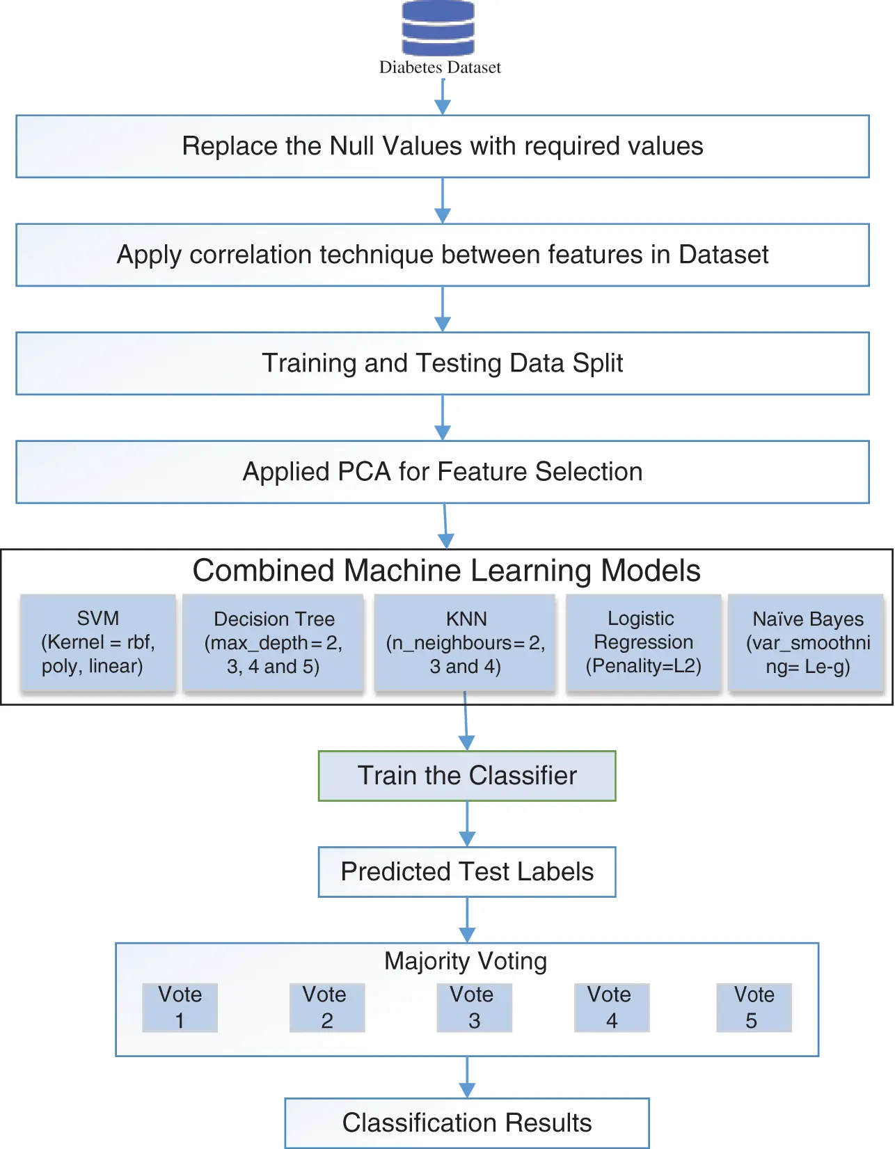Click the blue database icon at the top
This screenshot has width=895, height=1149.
pyautogui.click(x=438, y=29)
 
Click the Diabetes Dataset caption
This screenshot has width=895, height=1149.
pyautogui.click(x=440, y=68)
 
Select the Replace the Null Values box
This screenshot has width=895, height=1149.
pyautogui.click(x=443, y=146)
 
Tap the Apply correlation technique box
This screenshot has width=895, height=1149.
pyautogui.click(x=443, y=255)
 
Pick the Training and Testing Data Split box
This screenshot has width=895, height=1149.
pyautogui.click(x=443, y=363)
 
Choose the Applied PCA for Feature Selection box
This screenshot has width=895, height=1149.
pyautogui.click(x=443, y=472)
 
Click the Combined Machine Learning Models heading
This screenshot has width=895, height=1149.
pyautogui.click(x=446, y=571)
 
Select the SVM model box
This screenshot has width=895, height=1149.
pyautogui.click(x=98, y=642)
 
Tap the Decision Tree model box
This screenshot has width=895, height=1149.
pyautogui.click(x=274, y=642)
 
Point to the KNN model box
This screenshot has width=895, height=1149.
pyautogui.click(x=465, y=642)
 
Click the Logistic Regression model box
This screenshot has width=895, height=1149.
pyautogui.click(x=643, y=642)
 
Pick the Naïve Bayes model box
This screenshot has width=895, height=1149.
pyautogui.click(x=807, y=642)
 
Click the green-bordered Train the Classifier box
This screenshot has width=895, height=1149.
pyautogui.click(x=467, y=776)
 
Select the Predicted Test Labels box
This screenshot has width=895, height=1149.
pyautogui.click(x=467, y=872)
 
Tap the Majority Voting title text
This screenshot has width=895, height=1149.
pyautogui.click(x=466, y=961)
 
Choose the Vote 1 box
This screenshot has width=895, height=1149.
pyautogui.click(x=180, y=1007)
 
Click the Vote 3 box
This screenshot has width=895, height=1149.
pyautogui.click(x=474, y=1007)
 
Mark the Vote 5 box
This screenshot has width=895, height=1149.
pyautogui.click(x=754, y=1007)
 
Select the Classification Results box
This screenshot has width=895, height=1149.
pyautogui.click(x=467, y=1123)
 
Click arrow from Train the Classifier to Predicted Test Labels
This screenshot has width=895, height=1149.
pyautogui.click(x=467, y=825)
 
